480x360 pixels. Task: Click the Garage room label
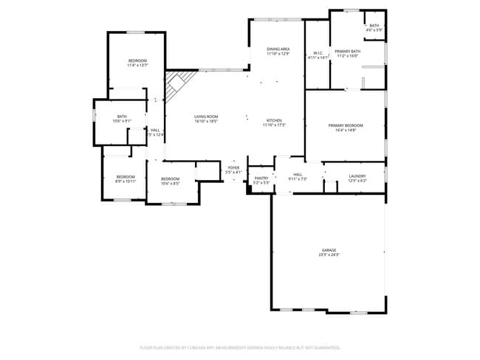coord(329,249)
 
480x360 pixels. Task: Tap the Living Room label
coord(206,117)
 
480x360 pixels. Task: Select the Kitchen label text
coord(273,120)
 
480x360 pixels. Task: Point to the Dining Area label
coord(278,49)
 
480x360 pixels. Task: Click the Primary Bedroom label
coord(346,125)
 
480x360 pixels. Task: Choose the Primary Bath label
coord(346,51)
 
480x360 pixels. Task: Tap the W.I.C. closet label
coord(318,52)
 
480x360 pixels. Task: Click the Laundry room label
coord(357,176)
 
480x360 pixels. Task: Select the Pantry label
coord(261,178)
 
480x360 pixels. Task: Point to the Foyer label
coord(233,168)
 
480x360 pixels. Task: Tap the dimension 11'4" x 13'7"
coord(137,66)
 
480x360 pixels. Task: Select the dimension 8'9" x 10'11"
coord(125,181)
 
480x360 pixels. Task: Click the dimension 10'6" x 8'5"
coord(171,183)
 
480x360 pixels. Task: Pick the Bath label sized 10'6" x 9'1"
coord(122,117)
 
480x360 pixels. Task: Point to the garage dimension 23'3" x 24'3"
coord(329,255)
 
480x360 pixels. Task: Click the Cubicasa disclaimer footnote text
coord(240,347)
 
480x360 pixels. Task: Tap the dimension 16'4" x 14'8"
coord(346,131)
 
